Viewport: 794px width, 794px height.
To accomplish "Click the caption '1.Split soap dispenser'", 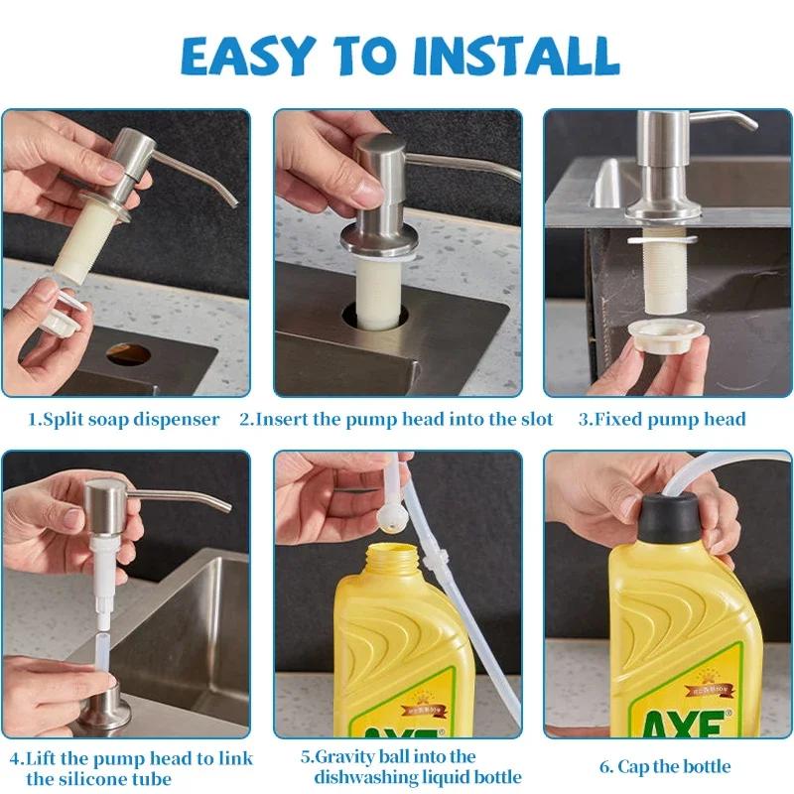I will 123,419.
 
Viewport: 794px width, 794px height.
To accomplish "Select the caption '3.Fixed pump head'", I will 662,419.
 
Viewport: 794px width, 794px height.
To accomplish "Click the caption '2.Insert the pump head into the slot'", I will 397,419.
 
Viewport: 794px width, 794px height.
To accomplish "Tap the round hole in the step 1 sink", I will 128,353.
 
